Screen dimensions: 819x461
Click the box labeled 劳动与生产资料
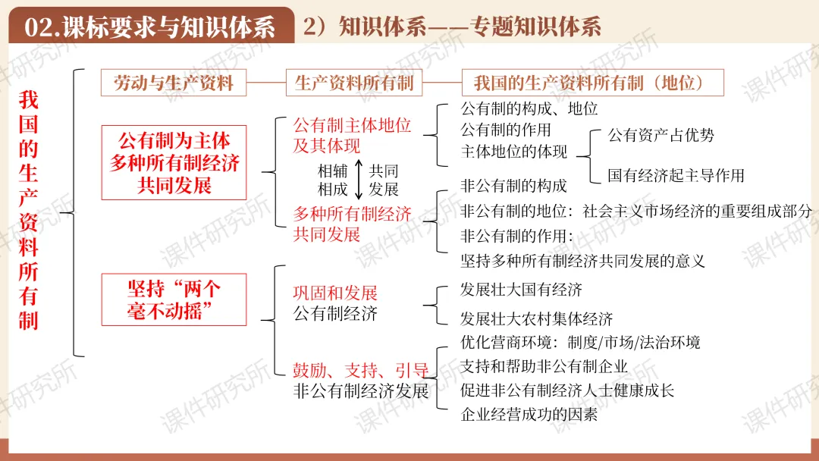point(174,83)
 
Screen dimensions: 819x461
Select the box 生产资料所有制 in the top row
point(354,83)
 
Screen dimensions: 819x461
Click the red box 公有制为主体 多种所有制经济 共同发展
point(174,162)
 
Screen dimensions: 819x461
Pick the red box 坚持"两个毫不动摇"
point(174,299)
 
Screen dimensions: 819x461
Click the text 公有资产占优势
point(661,136)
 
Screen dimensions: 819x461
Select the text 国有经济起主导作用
point(676,175)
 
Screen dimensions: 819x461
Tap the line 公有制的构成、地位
point(529,108)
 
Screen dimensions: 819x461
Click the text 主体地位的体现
point(513,151)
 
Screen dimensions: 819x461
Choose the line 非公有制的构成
point(513,186)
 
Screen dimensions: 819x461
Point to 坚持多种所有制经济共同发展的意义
point(582,261)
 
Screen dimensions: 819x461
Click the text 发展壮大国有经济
point(521,290)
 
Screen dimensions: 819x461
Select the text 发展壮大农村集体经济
point(536,318)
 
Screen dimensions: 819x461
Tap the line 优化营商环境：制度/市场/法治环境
point(580,342)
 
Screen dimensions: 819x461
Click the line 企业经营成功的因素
point(529,414)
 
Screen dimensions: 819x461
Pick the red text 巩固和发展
point(335,293)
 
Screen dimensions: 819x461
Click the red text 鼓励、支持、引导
point(361,371)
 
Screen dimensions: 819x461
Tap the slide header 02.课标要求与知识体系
point(149,28)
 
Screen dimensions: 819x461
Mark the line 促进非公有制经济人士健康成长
point(567,390)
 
